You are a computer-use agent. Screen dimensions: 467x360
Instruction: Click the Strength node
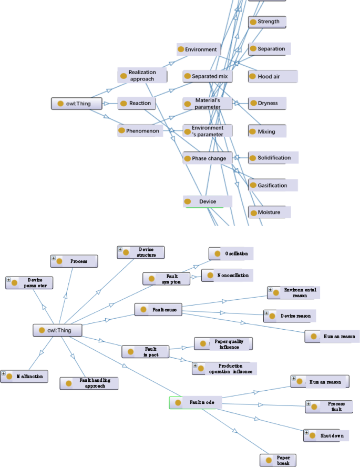(268, 22)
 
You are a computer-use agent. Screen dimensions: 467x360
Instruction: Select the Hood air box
(272, 76)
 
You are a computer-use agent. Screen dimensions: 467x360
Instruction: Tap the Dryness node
(268, 103)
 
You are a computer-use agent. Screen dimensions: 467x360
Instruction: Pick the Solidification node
(273, 158)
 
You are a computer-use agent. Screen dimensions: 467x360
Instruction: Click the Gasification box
(272, 185)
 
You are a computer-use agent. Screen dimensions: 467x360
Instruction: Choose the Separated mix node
(208, 76)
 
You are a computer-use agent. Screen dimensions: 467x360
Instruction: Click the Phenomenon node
(141, 130)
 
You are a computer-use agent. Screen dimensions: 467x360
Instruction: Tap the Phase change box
(208, 158)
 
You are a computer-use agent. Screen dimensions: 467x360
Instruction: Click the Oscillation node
(231, 253)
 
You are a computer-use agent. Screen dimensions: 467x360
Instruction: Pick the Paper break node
(278, 460)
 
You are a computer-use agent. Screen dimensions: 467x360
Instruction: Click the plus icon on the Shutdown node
(306, 432)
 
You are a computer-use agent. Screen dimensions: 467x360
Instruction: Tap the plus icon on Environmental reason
(270, 290)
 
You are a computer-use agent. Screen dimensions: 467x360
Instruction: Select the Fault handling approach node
(89, 383)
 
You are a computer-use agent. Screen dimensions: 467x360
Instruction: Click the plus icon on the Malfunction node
(4, 374)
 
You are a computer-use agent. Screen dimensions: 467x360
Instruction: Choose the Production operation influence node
(224, 369)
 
